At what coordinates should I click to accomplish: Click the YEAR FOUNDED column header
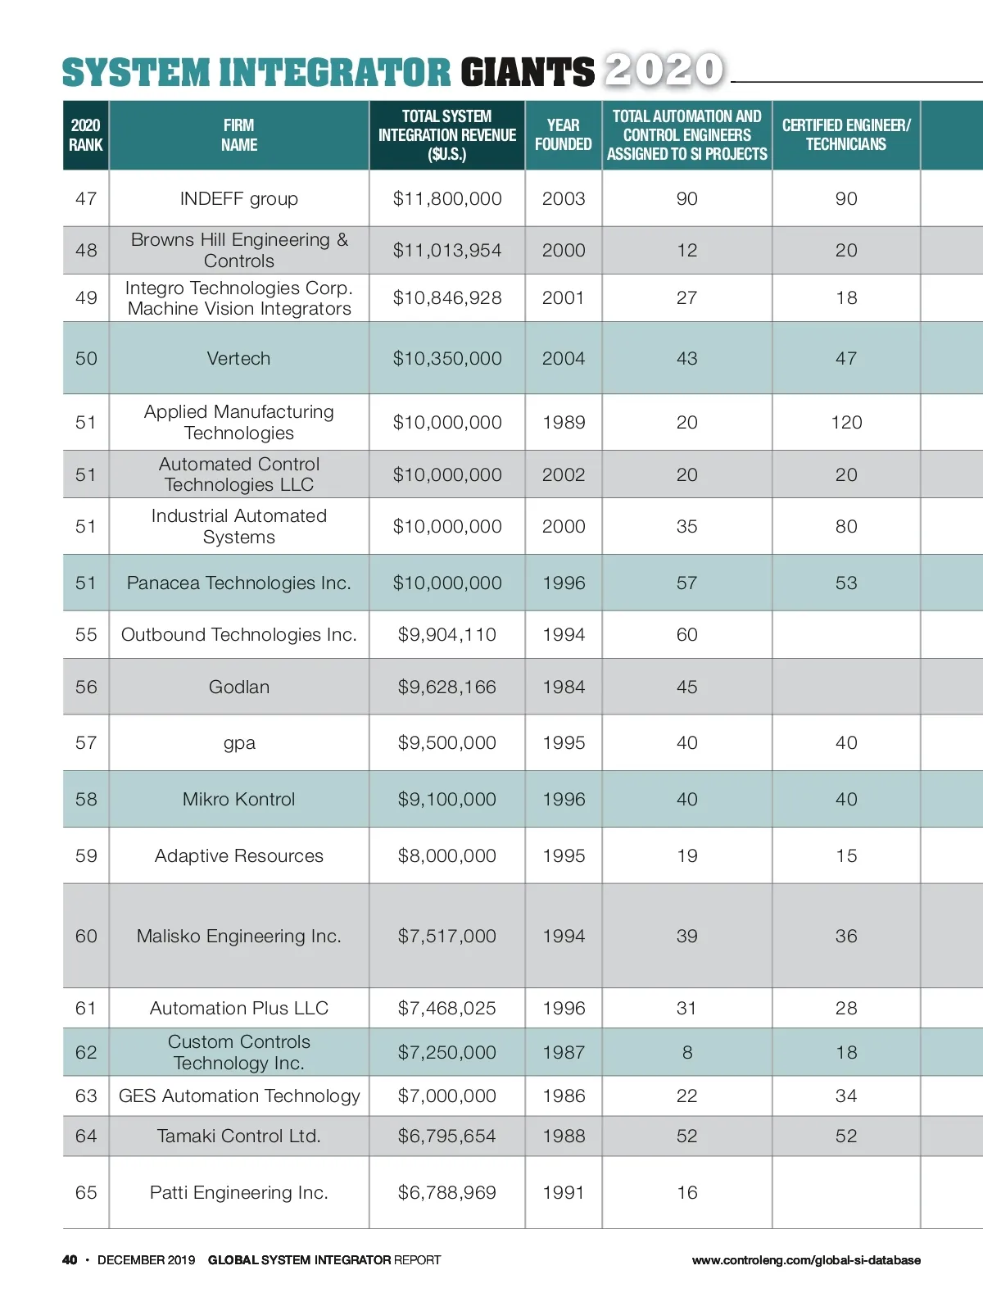[x=563, y=134]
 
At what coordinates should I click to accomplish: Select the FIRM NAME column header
[x=238, y=135]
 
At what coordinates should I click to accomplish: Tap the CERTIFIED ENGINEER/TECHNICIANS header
[x=845, y=134]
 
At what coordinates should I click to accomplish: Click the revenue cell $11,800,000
[x=447, y=198]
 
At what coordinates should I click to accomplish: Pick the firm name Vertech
[x=238, y=358]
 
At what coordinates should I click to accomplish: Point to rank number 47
[x=86, y=198]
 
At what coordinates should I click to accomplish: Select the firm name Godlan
[x=238, y=687]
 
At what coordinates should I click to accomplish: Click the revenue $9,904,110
[x=447, y=634]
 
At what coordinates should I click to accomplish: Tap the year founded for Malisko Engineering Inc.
[x=564, y=936]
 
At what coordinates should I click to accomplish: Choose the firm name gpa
[x=239, y=743]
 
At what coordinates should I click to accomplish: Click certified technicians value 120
[x=846, y=422]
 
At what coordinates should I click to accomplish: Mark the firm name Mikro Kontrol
[x=238, y=799]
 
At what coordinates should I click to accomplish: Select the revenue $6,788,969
[x=447, y=1192]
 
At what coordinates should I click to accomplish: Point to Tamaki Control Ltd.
[x=238, y=1136]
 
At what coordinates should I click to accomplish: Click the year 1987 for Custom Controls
[x=564, y=1052]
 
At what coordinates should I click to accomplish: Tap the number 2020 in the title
[x=664, y=70]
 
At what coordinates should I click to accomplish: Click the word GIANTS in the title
[x=528, y=72]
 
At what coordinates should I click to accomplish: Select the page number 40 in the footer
[x=70, y=1259]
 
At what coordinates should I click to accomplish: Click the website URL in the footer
[x=806, y=1260]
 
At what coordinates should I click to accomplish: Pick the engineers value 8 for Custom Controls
[x=687, y=1052]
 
